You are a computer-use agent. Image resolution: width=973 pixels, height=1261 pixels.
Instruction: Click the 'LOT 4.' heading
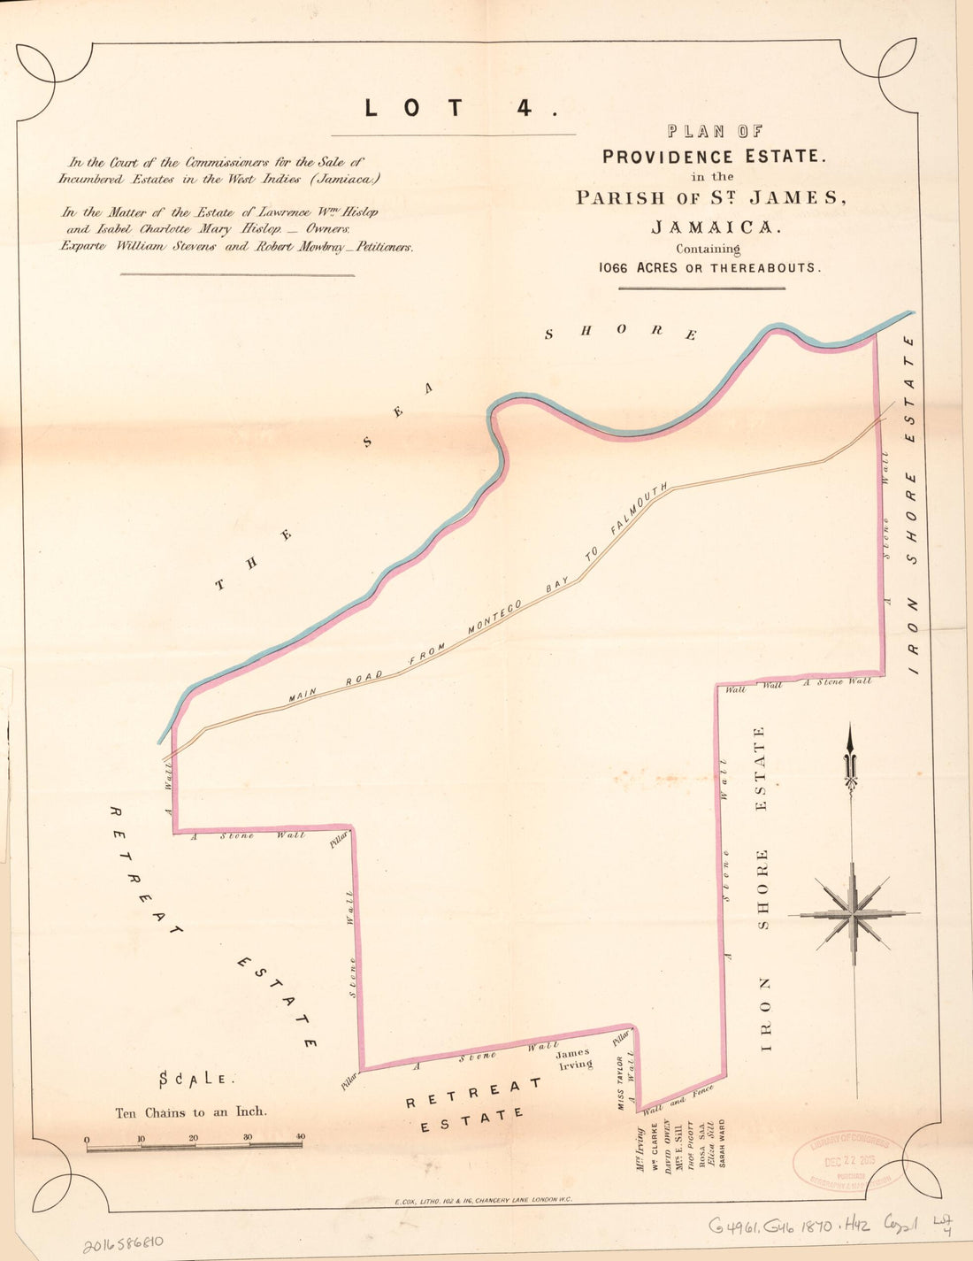coord(460,108)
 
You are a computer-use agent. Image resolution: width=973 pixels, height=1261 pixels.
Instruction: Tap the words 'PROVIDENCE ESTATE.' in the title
coord(714,157)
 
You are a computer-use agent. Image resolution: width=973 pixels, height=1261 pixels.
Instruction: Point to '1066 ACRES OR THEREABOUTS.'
coord(709,267)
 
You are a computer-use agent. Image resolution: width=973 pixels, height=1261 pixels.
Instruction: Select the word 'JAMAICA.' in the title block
coord(716,227)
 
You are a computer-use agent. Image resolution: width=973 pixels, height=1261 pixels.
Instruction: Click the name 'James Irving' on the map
coord(574,1058)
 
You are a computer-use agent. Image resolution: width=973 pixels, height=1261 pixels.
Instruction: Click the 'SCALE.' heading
coord(196,1079)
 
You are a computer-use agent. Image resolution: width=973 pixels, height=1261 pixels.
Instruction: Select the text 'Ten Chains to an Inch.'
coord(191,1112)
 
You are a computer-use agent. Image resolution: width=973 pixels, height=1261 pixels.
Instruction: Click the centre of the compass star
coord(854,912)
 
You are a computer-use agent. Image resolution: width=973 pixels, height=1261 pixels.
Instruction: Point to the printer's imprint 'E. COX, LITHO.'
coord(485,1200)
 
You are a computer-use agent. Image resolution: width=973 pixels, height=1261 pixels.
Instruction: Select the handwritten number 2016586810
coord(123,1246)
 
